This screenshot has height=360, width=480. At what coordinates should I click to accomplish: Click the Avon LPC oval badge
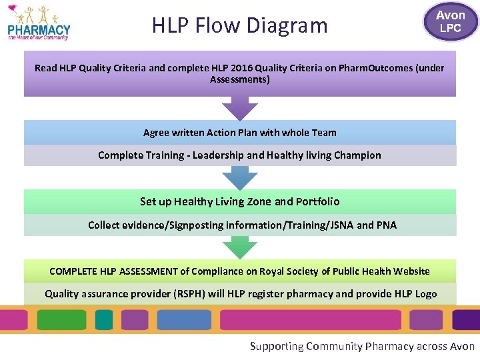click(450, 21)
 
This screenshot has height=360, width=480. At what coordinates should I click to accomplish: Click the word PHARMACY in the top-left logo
click(39, 29)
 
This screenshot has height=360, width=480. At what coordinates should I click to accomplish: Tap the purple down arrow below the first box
click(240, 108)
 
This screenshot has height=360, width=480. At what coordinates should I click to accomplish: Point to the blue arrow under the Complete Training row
click(240, 178)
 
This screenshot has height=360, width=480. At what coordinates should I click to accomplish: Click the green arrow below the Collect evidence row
click(240, 247)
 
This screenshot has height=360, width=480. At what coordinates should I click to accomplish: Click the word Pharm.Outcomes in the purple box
click(375, 68)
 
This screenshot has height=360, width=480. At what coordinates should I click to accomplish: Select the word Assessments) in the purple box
click(240, 79)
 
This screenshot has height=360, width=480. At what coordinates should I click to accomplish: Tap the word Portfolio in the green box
click(317, 201)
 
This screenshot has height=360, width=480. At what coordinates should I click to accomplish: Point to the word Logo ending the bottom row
click(425, 294)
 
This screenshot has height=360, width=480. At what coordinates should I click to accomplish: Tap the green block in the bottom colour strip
click(61, 320)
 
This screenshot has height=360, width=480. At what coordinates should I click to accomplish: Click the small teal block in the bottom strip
click(104, 320)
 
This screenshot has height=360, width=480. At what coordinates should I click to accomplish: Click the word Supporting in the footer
click(276, 346)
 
